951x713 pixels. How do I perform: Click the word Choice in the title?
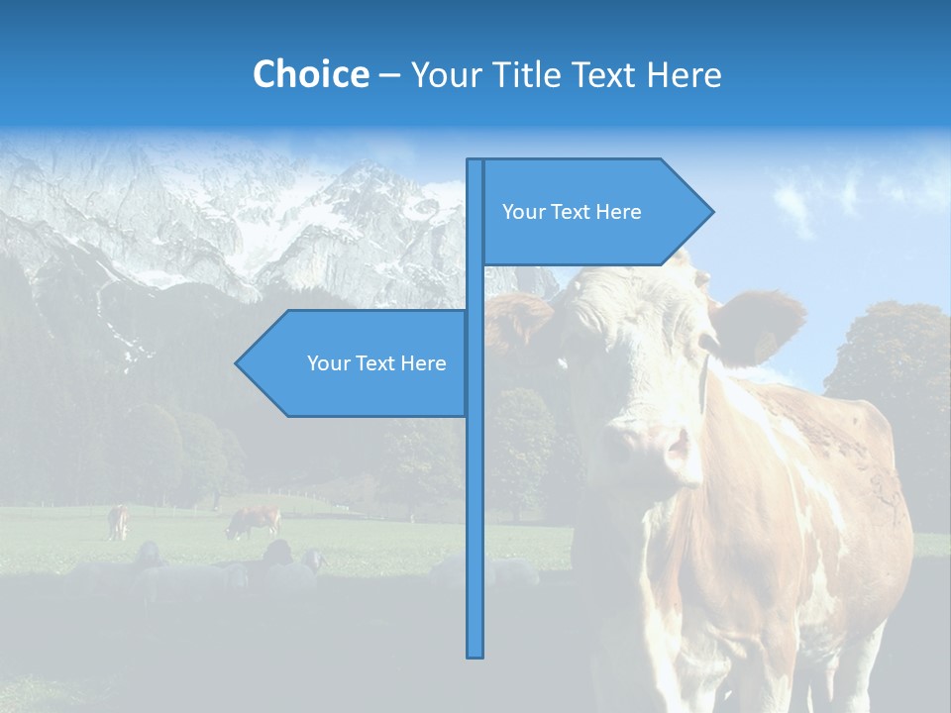tap(310, 74)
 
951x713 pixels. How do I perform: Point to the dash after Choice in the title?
tap(389, 75)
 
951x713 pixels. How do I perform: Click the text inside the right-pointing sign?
tap(572, 212)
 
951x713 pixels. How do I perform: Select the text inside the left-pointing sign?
tap(376, 363)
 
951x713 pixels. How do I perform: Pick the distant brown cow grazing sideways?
tap(253, 521)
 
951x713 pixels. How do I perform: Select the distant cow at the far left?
tap(118, 521)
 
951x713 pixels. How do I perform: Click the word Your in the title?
tap(442, 74)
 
